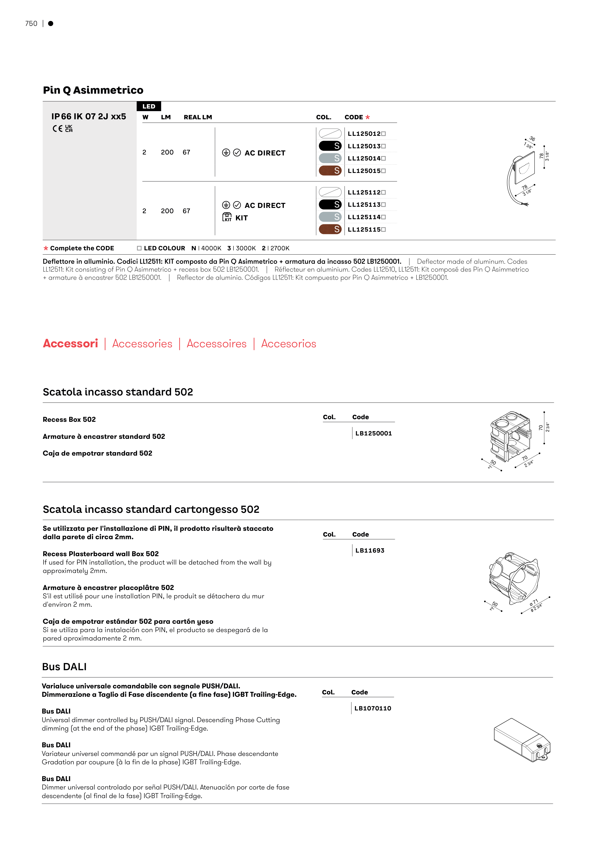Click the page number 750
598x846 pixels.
click(x=31, y=23)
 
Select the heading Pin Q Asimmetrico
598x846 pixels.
click(x=93, y=90)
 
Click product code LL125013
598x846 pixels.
click(x=364, y=146)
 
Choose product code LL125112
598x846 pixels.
click(x=364, y=192)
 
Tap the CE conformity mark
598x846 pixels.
click(x=57, y=129)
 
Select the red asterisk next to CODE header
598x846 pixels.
click(x=367, y=117)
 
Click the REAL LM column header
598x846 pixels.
click(x=198, y=117)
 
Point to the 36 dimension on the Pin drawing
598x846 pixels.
click(x=532, y=139)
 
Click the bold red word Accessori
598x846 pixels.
click(x=70, y=343)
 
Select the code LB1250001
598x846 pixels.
click(x=373, y=433)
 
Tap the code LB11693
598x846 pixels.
click(x=370, y=550)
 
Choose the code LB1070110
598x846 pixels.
click(x=372, y=708)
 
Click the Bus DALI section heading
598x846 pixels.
click(x=64, y=667)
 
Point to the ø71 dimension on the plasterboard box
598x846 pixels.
click(x=534, y=602)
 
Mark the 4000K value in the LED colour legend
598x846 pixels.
click(x=211, y=248)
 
